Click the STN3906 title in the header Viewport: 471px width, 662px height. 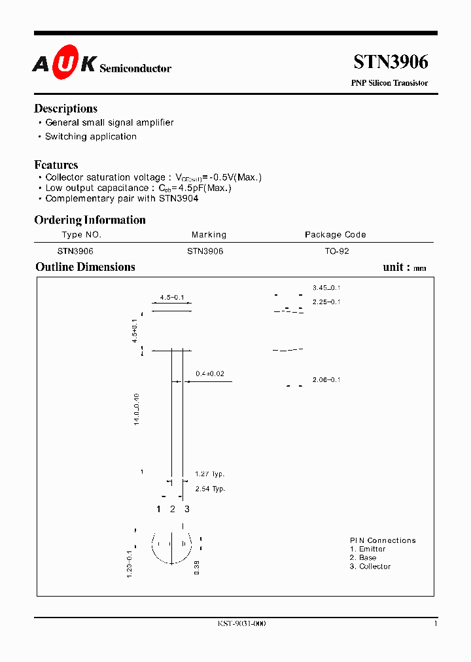click(x=391, y=62)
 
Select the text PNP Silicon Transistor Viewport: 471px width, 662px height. click(x=389, y=83)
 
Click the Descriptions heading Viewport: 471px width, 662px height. click(x=65, y=109)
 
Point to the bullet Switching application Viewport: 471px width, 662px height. click(x=90, y=137)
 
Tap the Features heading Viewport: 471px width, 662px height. click(x=56, y=165)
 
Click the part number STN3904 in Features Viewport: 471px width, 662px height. click(x=179, y=198)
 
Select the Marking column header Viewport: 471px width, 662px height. click(x=209, y=235)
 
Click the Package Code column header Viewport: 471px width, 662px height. click(x=335, y=235)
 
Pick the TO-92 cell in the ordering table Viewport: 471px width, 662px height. click(x=337, y=251)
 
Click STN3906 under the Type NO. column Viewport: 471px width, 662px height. click(x=75, y=251)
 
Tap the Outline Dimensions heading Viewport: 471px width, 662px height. click(x=85, y=267)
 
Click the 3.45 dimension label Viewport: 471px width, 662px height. click(x=326, y=288)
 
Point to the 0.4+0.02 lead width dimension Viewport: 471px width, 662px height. click(x=210, y=374)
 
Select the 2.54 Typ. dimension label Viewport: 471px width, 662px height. click(x=210, y=489)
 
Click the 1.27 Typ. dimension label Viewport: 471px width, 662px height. click(x=210, y=474)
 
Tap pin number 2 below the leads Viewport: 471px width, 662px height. click(x=173, y=509)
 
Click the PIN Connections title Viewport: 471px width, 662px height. click(x=383, y=540)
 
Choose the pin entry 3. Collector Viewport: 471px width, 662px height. click(x=370, y=566)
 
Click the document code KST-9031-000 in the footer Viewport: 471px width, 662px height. click(x=241, y=623)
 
